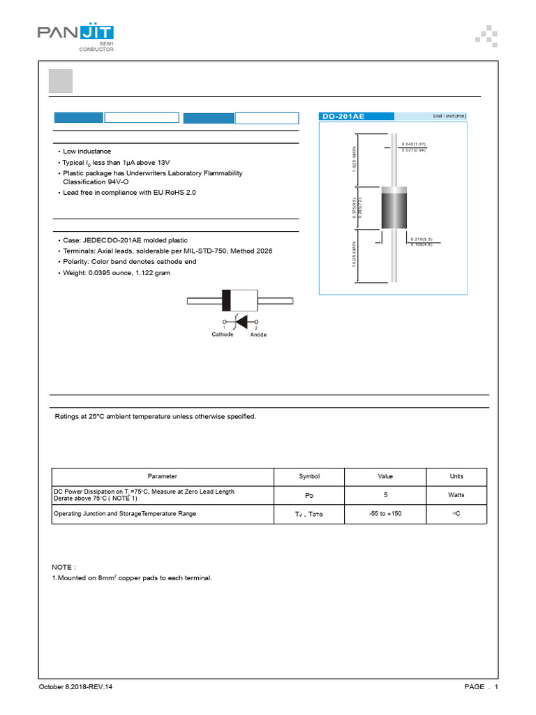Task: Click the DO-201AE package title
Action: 343,117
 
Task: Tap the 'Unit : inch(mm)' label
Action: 449,117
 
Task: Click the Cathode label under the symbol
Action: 223,334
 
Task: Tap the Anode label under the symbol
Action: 258,334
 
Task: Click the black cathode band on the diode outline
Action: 226,300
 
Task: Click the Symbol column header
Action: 309,476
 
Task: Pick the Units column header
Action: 456,476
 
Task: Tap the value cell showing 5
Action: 385,494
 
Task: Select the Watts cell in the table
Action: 456,494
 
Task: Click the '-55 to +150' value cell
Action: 385,514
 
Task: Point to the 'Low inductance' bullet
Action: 87,152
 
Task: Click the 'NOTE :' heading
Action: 64,567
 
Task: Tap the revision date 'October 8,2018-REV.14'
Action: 75,687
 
